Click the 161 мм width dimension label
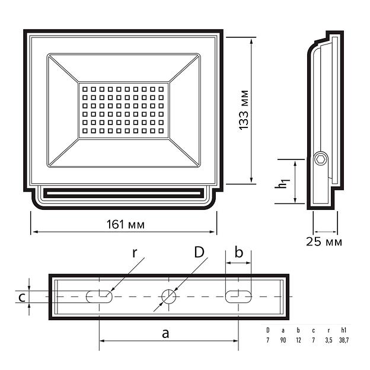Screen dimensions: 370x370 (125, 224)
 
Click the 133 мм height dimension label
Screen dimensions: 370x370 (244, 110)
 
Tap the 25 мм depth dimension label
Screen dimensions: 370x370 (324, 242)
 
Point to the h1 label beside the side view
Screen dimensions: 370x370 (282, 184)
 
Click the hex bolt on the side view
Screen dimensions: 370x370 (321, 160)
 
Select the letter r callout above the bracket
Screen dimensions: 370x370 (135, 253)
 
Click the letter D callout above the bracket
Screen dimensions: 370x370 (199, 252)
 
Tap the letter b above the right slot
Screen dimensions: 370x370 (239, 252)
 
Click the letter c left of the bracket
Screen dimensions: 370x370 (22, 297)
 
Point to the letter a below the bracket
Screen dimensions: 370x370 (165, 334)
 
